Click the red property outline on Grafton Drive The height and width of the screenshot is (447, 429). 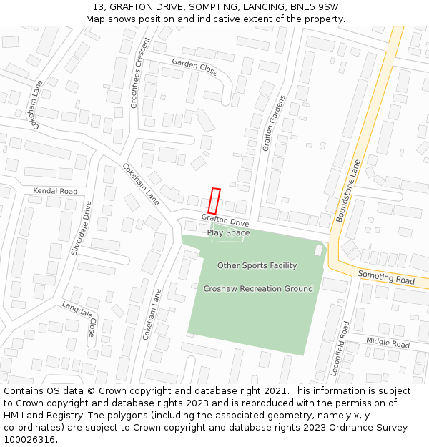[214, 200]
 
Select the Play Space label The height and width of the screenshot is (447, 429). [228, 232]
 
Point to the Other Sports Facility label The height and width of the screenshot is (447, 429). [257, 265]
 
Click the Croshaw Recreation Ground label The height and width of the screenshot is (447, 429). [258, 288]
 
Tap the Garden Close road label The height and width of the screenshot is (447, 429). [194, 67]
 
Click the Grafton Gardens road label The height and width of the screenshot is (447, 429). [274, 123]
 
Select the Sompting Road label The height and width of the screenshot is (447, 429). [385, 277]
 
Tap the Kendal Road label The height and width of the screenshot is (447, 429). [55, 191]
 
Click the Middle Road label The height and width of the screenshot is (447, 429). [388, 343]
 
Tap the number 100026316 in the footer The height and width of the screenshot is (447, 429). [28, 440]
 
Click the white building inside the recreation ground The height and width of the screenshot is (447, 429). [318, 250]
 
